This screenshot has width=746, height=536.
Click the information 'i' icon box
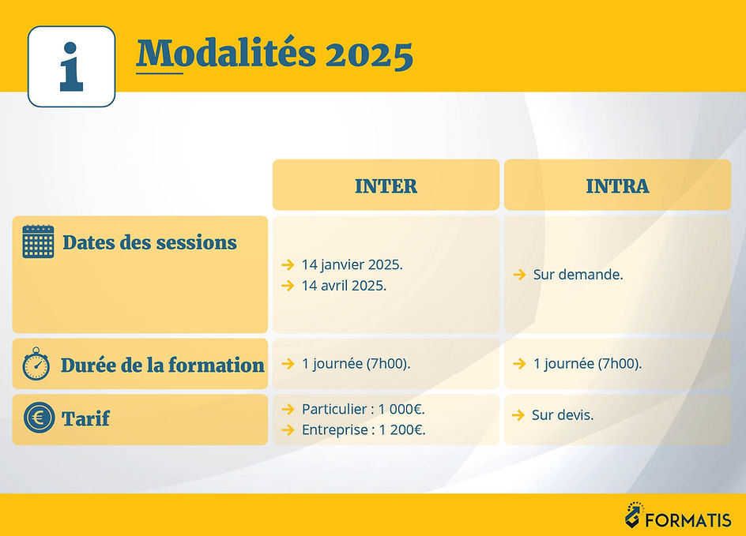pos(71,66)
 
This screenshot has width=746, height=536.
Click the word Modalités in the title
pos(226,54)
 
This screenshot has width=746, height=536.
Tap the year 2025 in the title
pos(369,54)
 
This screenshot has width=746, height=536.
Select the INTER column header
pos(386,186)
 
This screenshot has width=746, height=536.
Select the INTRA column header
pos(617,186)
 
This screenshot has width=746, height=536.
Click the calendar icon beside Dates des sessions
pos(38,242)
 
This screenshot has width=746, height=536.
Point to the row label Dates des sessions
pos(149,242)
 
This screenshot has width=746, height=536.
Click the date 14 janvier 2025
pos(352,264)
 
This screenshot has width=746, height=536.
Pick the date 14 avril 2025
pos(344,285)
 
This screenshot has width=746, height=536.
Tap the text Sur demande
pos(578,275)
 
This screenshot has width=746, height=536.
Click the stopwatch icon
pos(36,364)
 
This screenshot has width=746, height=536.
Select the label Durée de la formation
pos(162,365)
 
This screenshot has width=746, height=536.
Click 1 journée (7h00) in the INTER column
pos(356,364)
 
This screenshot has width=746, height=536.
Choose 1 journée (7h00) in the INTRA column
pos(587,364)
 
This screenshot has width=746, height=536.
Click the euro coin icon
pos(38,418)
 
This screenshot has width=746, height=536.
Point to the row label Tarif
pos(85,419)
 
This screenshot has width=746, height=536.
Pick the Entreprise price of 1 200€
pos(364,429)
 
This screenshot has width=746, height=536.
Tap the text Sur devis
pos(563,414)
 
